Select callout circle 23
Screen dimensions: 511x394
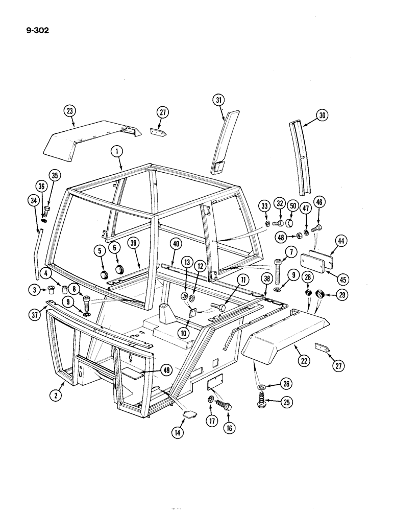69,110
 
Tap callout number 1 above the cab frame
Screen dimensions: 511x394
117,152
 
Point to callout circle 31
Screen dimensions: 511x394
219,101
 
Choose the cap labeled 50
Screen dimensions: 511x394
289,223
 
